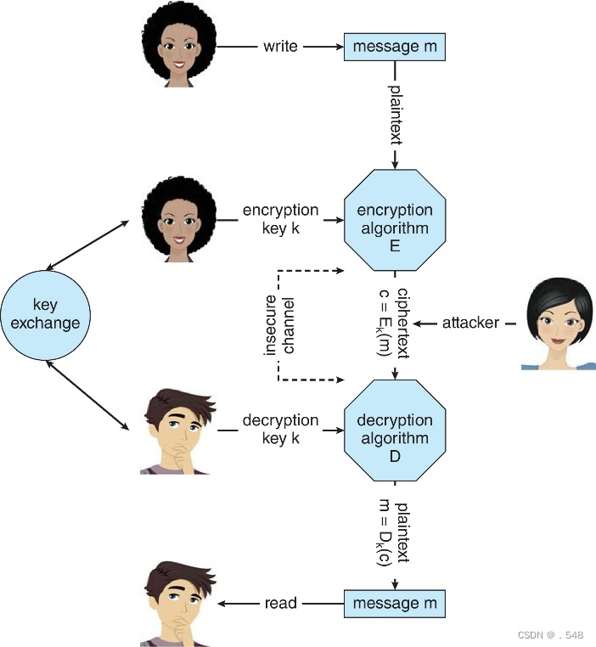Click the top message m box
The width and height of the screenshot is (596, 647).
pyautogui.click(x=394, y=47)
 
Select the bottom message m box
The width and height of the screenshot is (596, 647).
pyautogui.click(x=394, y=604)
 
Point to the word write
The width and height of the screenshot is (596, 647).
pyautogui.click(x=280, y=47)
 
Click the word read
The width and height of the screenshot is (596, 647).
pyautogui.click(x=280, y=604)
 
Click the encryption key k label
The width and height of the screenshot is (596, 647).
pyautogui.click(x=280, y=218)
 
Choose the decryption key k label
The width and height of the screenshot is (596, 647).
pyautogui.click(x=280, y=429)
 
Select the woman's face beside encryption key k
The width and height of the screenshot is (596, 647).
pyautogui.click(x=177, y=217)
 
